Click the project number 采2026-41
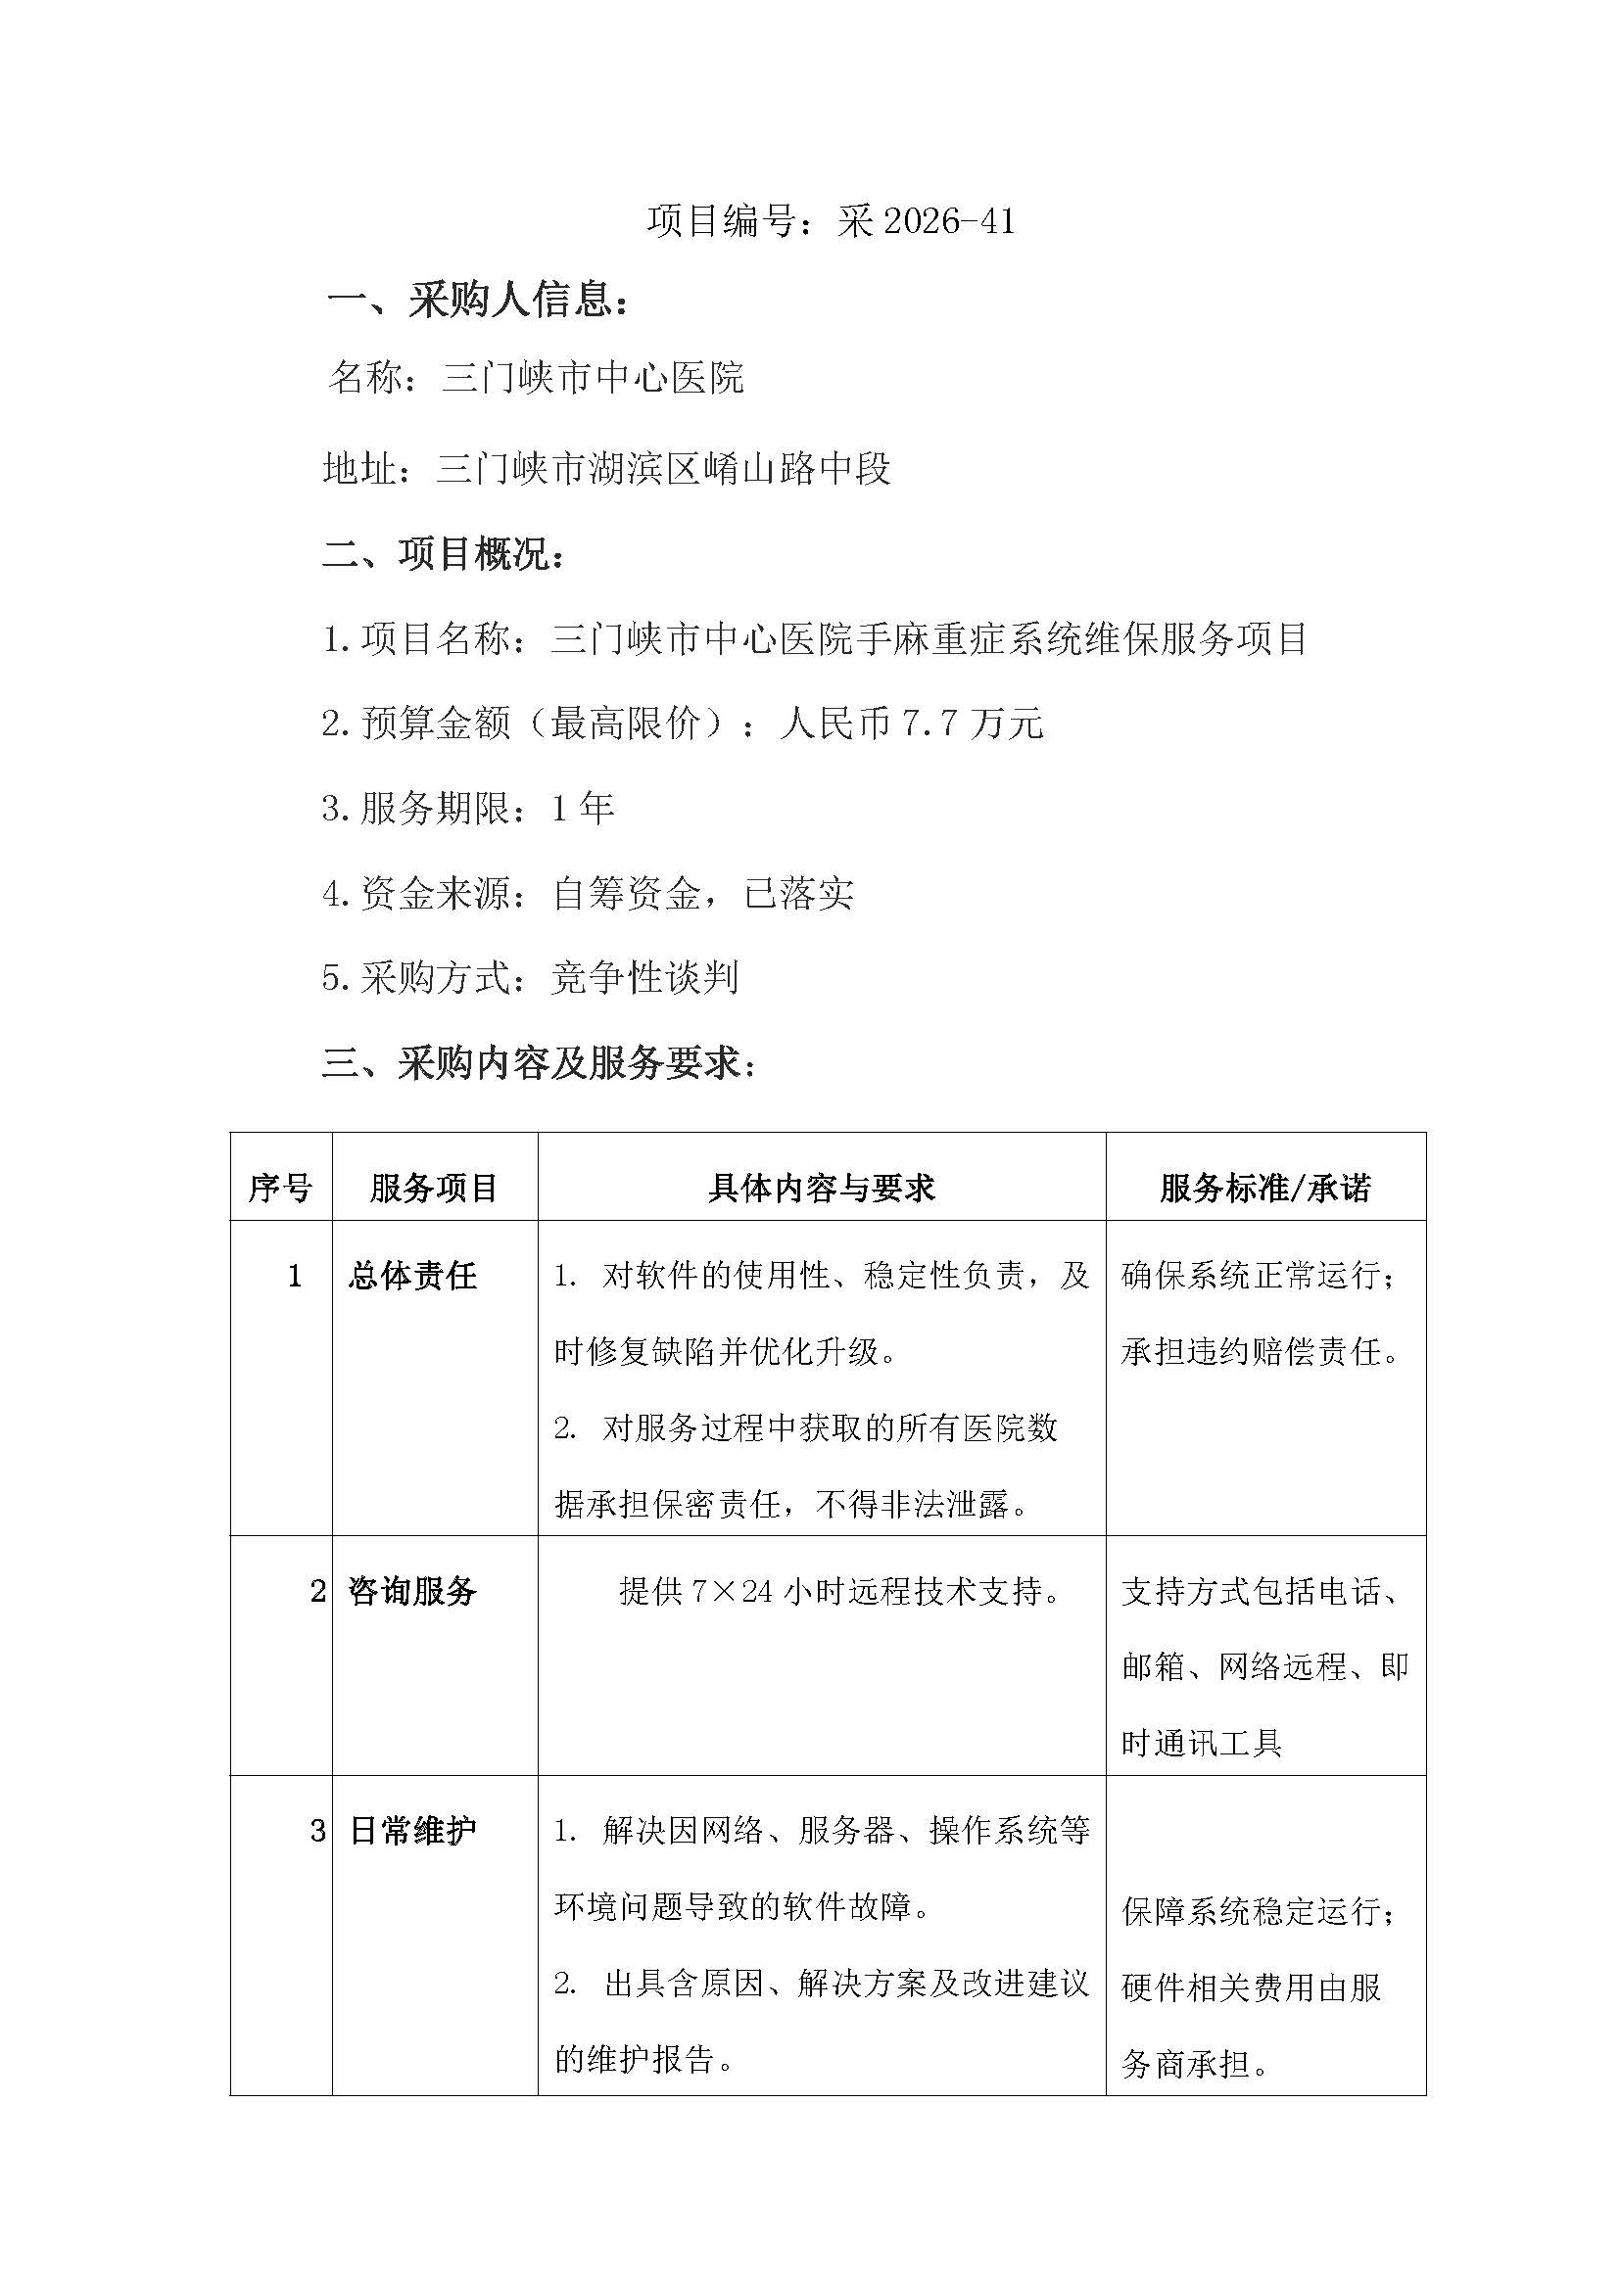[926, 221]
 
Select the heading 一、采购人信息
[479, 301]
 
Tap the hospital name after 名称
[593, 378]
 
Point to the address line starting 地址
[606, 468]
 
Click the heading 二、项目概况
[444, 554]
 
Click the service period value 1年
[583, 808]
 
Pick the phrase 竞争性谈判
[644, 977]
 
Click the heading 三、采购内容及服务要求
[539, 1063]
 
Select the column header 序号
[280, 1188]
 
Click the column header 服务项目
[434, 1188]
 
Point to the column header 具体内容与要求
[821, 1188]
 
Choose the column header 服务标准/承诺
[1264, 1188]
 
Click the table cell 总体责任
[412, 1276]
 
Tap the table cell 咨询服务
[412, 1591]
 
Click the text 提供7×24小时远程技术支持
[840, 1591]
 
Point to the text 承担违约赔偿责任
[1261, 1352]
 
